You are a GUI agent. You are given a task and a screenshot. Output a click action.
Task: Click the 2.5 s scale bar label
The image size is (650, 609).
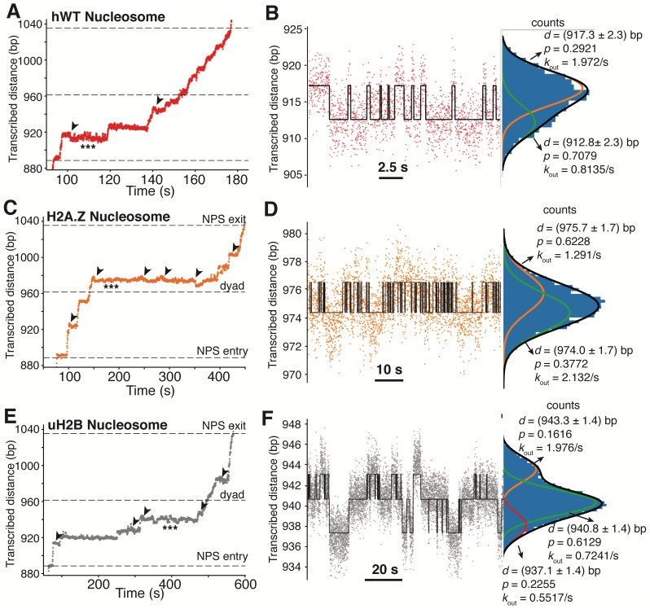pos(392,168)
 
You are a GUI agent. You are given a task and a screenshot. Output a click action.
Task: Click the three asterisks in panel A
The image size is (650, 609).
pos(88,146)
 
